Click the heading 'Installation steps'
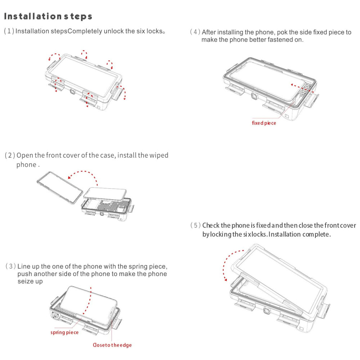tap(48, 17)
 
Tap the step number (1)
tap(9, 31)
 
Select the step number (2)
tap(10, 156)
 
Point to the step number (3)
tap(10, 266)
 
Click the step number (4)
tap(195, 32)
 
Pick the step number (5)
tap(195, 225)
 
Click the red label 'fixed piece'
tap(264, 123)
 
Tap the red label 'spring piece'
tap(64, 332)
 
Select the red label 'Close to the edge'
tap(112, 345)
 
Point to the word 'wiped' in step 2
tap(159, 156)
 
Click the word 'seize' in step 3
tap(25, 281)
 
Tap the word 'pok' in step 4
tap(282, 32)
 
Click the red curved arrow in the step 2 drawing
tap(85, 172)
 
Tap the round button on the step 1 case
tap(72, 91)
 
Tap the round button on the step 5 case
tap(266, 311)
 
